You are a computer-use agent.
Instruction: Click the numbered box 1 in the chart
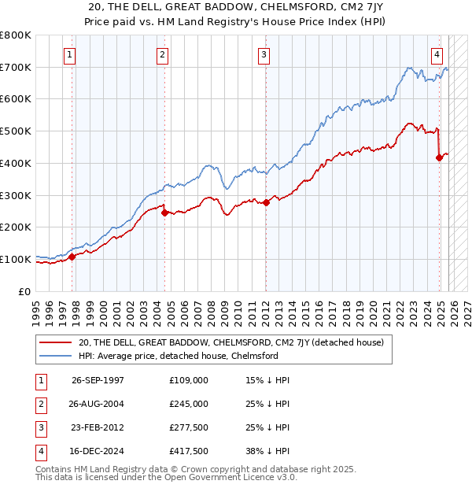tap(71, 54)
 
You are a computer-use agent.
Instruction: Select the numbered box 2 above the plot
tap(162, 54)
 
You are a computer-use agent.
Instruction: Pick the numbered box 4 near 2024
tap(437, 54)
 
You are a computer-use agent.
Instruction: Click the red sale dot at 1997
tap(72, 256)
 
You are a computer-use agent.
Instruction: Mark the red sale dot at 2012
tap(266, 202)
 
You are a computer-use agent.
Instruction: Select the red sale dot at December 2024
tap(439, 157)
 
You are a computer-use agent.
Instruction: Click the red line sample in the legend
tap(55, 342)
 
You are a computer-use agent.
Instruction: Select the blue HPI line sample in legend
tap(55, 356)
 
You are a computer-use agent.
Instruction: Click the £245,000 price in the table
tap(189, 404)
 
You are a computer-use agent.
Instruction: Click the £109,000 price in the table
tap(189, 380)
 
